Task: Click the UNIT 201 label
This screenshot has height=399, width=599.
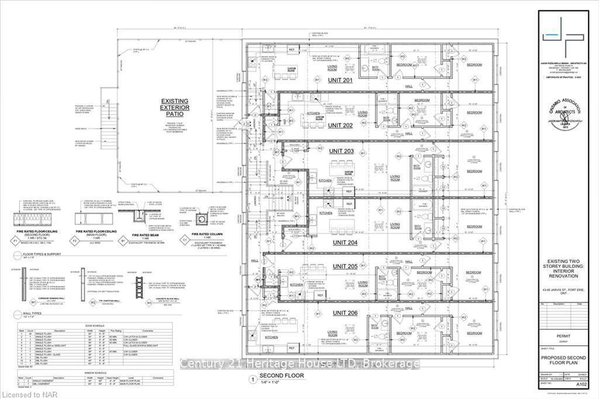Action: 340,80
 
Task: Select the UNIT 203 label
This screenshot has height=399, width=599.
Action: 341,152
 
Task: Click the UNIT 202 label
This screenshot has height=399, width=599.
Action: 341,125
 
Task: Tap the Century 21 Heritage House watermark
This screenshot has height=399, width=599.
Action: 299,364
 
